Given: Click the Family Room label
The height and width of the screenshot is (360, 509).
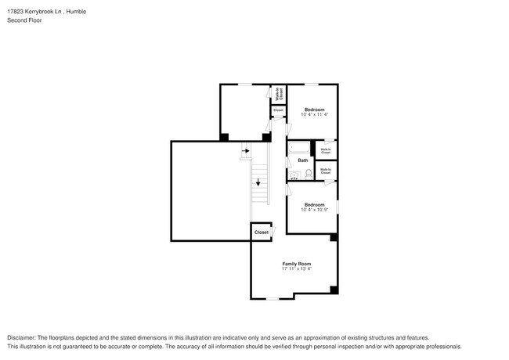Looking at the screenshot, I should (297, 264).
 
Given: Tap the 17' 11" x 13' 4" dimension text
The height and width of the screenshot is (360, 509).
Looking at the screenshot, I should (297, 269).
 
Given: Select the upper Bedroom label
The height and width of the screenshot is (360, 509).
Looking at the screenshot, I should (314, 109).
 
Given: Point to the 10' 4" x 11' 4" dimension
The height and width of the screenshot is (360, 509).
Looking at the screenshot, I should (314, 114).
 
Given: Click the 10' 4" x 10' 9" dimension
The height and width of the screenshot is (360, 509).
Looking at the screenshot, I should (314, 209).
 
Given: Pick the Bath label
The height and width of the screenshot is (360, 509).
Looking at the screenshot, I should (302, 160).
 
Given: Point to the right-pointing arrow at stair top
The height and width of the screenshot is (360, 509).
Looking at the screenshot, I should (245, 151).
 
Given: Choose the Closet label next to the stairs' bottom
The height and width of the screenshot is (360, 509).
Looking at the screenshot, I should (261, 232).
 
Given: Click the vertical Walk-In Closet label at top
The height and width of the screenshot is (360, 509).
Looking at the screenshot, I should (278, 95).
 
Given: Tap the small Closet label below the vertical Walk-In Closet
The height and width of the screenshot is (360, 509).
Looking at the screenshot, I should (278, 110).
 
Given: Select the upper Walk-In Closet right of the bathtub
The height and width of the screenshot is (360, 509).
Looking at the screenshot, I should (325, 149).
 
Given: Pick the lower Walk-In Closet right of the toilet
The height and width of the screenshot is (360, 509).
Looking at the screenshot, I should (325, 171).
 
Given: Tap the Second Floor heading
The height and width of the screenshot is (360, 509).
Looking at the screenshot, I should (24, 20).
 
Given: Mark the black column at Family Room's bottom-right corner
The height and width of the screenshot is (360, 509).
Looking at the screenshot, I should (334, 290).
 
